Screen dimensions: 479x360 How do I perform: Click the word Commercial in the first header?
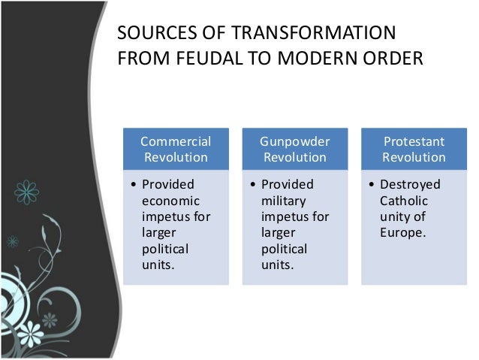click(x=176, y=141)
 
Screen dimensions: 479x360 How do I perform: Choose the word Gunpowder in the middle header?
click(x=294, y=141)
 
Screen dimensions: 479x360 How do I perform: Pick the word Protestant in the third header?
click(x=414, y=141)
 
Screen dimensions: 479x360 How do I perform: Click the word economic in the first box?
click(x=167, y=201)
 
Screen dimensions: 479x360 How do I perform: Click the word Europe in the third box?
click(x=402, y=233)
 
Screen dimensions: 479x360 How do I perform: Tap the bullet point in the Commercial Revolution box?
click(x=134, y=184)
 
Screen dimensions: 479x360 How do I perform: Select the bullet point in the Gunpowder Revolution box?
click(x=253, y=184)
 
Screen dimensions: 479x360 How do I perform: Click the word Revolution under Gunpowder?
click(x=294, y=157)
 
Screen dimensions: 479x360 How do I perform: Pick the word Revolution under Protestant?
click(x=414, y=157)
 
